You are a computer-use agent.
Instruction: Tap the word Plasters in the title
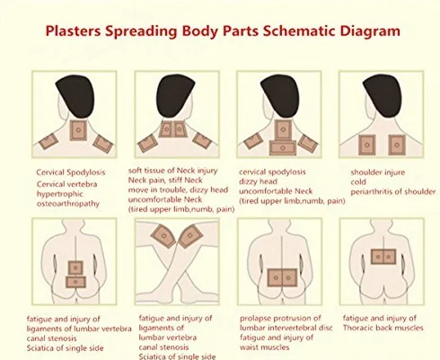click(73, 31)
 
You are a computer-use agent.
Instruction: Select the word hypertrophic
click(59, 194)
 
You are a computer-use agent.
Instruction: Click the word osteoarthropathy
click(68, 204)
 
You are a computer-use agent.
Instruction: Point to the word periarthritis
click(371, 192)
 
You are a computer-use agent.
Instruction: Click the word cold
click(358, 182)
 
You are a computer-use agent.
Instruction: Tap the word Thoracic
click(356, 328)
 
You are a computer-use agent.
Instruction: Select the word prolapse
click(255, 319)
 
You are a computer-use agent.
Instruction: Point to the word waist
click(250, 347)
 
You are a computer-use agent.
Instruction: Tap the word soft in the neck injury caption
click(135, 171)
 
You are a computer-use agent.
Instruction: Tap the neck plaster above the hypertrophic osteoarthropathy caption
click(78, 130)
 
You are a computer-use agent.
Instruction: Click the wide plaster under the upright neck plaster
click(283, 148)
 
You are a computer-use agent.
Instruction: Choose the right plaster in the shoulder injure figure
click(397, 145)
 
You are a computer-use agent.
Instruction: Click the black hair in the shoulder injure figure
click(383, 95)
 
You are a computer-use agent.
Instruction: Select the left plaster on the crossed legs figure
click(163, 236)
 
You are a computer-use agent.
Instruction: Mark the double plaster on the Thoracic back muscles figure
click(383, 257)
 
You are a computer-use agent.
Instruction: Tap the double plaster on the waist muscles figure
click(282, 277)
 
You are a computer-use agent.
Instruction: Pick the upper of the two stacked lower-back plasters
click(75, 268)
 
